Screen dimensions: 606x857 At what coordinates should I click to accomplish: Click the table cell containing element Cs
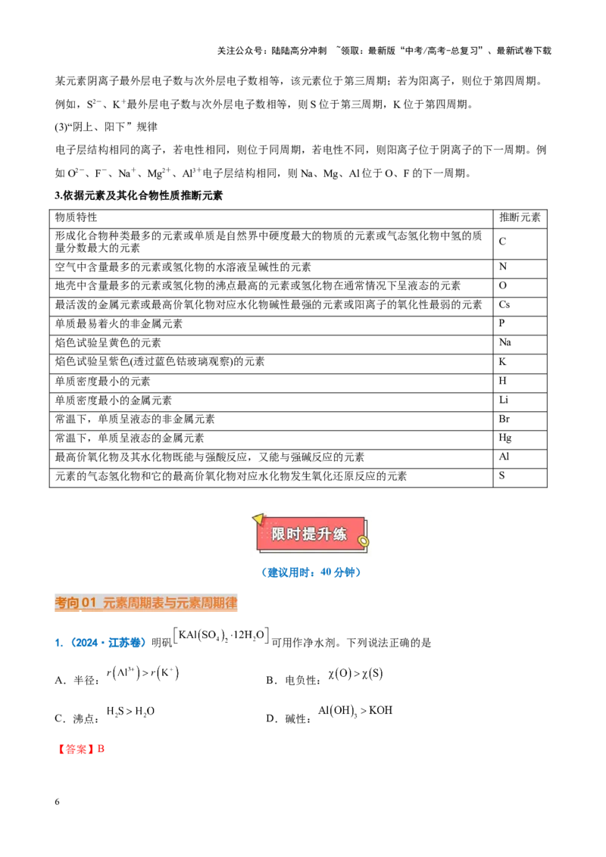(x=520, y=306)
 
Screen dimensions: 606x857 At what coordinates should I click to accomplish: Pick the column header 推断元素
(x=520, y=217)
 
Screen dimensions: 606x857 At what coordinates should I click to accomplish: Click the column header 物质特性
(x=76, y=217)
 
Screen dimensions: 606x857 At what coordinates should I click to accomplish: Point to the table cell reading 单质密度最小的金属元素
(x=113, y=401)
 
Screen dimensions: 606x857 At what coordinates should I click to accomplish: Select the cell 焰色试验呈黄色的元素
(x=108, y=344)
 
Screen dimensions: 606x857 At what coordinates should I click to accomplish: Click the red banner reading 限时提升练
(x=310, y=534)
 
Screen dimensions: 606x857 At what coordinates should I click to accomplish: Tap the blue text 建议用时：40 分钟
(x=311, y=572)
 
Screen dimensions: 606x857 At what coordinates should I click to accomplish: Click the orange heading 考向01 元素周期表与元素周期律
(x=146, y=603)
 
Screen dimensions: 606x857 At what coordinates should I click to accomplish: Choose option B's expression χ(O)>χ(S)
(x=355, y=674)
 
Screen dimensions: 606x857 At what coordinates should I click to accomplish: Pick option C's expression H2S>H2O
(x=130, y=712)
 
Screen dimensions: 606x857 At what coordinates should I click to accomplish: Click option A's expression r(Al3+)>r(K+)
(x=142, y=673)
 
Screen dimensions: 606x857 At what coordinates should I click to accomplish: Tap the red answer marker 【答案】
(x=76, y=749)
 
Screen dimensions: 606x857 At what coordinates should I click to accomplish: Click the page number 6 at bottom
(x=57, y=802)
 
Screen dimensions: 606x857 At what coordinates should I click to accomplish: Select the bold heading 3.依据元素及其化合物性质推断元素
(x=139, y=195)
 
